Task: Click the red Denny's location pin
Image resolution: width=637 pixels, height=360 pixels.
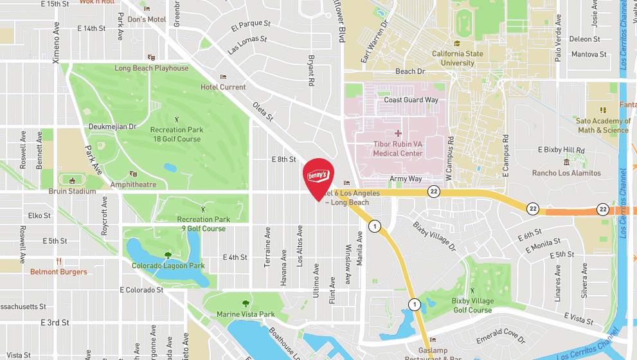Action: tap(318, 177)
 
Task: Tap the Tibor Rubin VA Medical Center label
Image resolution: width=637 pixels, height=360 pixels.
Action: tap(398, 148)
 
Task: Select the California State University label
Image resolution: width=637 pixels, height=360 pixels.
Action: tap(458, 59)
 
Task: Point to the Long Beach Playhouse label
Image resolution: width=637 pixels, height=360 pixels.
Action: tap(152, 68)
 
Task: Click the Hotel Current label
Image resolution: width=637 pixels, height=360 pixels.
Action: tap(223, 87)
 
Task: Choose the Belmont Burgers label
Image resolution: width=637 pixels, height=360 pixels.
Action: tap(58, 272)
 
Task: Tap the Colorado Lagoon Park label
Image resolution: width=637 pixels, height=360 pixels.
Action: tap(168, 265)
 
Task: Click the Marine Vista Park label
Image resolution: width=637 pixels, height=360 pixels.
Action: tap(246, 314)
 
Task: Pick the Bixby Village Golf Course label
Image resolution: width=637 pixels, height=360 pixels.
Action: tap(472, 305)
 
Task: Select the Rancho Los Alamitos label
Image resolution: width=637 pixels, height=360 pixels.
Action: tap(566, 173)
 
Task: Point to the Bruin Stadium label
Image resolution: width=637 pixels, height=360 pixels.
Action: tap(72, 191)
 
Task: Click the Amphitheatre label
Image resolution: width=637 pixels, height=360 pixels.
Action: tap(133, 184)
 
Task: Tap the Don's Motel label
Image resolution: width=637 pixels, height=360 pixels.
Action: tap(147, 19)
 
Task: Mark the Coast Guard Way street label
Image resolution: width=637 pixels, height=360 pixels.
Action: tap(411, 100)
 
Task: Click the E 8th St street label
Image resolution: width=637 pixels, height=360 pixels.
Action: tap(283, 159)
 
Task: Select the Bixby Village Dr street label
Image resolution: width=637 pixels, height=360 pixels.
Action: tap(435, 237)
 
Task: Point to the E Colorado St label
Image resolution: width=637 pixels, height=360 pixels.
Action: tap(142, 290)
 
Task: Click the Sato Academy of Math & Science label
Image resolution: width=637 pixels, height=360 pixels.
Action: tap(603, 125)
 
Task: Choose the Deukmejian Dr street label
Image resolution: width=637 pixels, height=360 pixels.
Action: tap(113, 127)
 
